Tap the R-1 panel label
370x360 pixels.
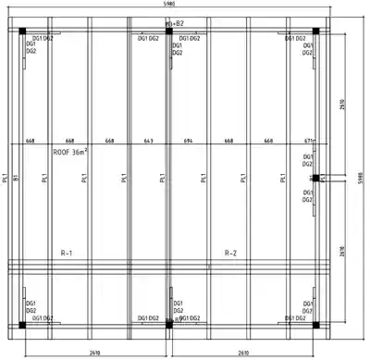coord(67,253)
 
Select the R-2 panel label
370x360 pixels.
coord(231,253)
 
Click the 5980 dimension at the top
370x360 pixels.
coord(167,5)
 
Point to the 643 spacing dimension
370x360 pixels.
coord(148,142)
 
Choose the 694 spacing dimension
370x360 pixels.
coord(189,142)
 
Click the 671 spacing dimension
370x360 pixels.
coord(308,142)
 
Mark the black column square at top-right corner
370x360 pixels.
coord(314,32)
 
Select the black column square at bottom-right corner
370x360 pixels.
coord(314,325)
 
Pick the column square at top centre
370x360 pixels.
coord(168,32)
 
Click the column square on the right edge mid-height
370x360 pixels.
coord(314,177)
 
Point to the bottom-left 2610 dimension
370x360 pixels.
coord(95,353)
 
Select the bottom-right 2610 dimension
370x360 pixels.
coord(242,353)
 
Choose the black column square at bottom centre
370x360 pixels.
coord(168,325)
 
